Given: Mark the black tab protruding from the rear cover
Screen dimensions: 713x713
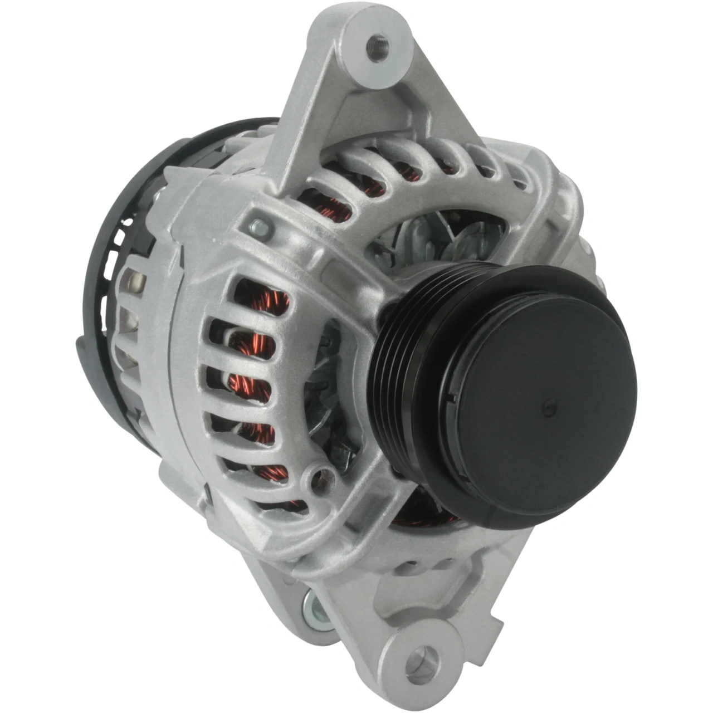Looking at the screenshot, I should point(84,356).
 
